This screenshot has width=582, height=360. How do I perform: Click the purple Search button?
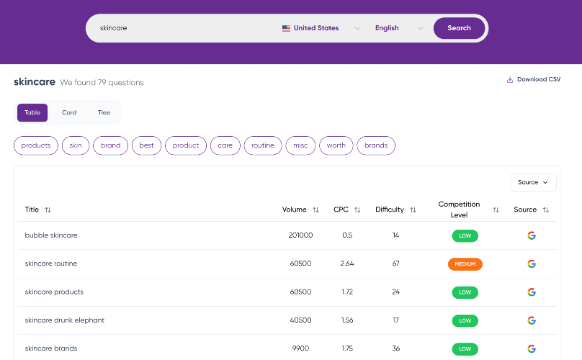click(459, 28)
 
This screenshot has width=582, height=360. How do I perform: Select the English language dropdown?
click(399, 28)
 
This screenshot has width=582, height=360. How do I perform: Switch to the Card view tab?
click(69, 112)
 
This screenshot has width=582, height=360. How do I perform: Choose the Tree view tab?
click(104, 112)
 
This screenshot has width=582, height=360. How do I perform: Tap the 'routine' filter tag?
click(263, 145)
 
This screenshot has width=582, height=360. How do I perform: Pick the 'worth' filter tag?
click(336, 145)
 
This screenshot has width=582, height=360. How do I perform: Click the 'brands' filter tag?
click(376, 145)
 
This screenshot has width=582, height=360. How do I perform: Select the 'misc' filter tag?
click(300, 145)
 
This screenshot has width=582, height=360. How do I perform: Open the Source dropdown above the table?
click(533, 182)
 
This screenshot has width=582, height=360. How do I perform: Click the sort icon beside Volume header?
click(315, 210)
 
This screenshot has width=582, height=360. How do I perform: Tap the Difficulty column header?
click(390, 210)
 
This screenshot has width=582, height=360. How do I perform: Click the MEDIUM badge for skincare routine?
click(465, 264)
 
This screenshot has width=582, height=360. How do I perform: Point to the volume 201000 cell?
click(300, 235)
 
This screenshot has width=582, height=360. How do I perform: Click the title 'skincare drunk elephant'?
click(65, 320)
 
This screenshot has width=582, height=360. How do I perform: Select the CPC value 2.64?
click(347, 264)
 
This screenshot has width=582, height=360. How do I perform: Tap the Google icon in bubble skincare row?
click(532, 235)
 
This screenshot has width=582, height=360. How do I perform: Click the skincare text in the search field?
click(113, 28)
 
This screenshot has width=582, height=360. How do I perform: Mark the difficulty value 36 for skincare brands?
click(395, 348)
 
